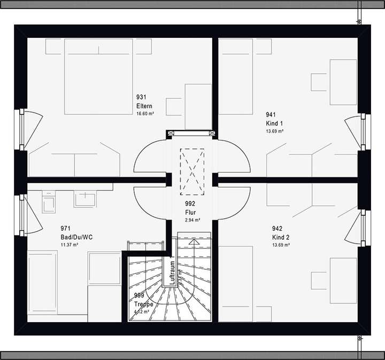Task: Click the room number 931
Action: (x=141, y=97)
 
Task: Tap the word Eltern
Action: (x=144, y=106)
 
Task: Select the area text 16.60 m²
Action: (x=145, y=114)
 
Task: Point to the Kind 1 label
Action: (x=274, y=123)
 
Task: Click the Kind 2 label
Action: (x=281, y=237)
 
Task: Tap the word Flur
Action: (x=190, y=212)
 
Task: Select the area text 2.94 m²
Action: (x=192, y=220)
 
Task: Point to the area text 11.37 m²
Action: (x=70, y=245)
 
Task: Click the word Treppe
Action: (x=143, y=304)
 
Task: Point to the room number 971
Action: (x=66, y=228)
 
